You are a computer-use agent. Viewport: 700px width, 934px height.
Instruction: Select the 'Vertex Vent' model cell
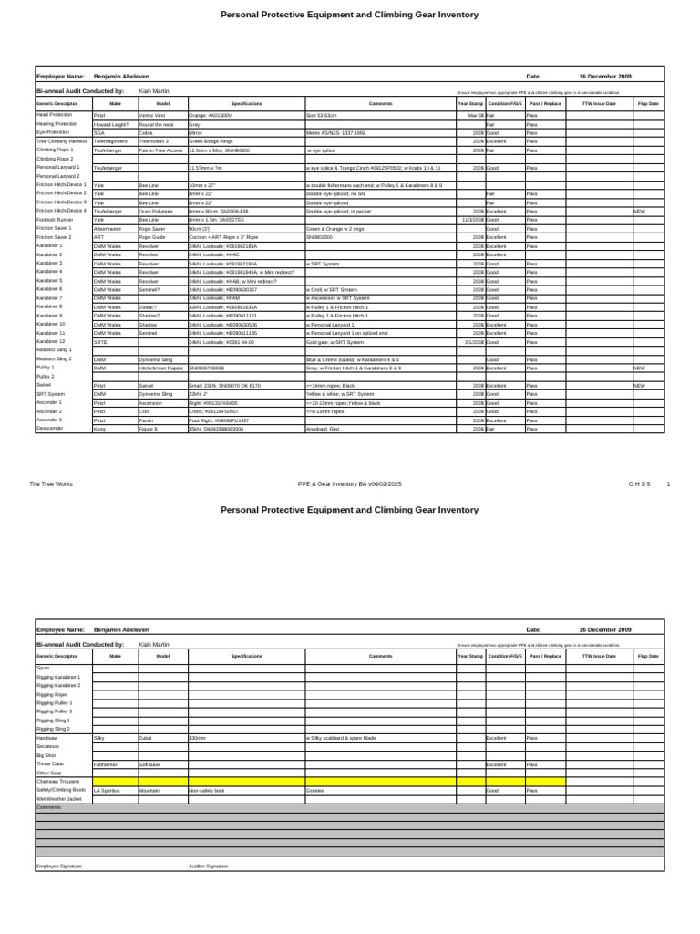[152, 116]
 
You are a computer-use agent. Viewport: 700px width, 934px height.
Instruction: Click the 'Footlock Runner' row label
[54, 220]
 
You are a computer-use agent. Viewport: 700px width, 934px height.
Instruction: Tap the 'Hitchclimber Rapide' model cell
[162, 368]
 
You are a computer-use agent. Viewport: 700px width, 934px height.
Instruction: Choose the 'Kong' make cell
[99, 428]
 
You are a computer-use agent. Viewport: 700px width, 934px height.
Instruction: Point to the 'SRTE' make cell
[100, 341]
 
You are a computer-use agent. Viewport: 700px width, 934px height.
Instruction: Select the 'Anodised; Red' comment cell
[324, 428]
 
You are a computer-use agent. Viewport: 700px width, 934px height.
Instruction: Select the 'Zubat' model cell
[146, 737]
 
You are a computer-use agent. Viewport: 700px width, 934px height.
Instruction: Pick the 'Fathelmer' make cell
[106, 764]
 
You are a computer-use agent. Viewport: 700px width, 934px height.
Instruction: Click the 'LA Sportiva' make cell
[107, 791]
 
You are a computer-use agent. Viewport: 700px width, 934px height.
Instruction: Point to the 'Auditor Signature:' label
[209, 866]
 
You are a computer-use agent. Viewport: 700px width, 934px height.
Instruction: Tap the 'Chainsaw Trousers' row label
[57, 782]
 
